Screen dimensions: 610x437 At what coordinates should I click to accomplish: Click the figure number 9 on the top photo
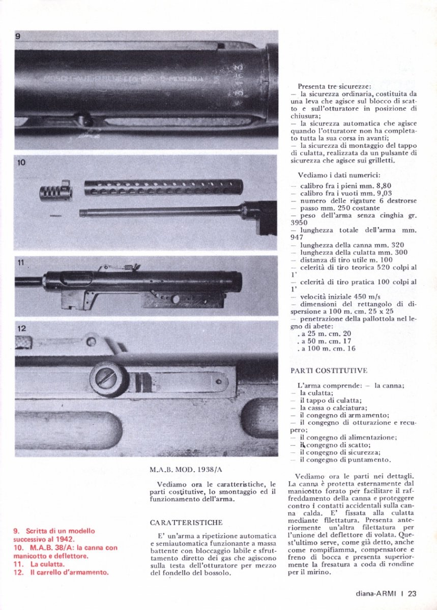pos(17,37)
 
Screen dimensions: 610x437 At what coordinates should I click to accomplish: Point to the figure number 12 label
pos(21,328)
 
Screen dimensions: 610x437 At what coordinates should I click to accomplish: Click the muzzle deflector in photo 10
pos(55,193)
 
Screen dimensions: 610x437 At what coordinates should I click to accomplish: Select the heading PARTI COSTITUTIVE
pos(329,371)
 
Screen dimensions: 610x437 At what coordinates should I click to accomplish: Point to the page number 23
pos(412,593)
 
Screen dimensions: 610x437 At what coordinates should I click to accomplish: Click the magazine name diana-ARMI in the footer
pos(376,593)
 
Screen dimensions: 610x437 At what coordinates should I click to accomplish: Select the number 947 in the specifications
pos(297,237)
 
